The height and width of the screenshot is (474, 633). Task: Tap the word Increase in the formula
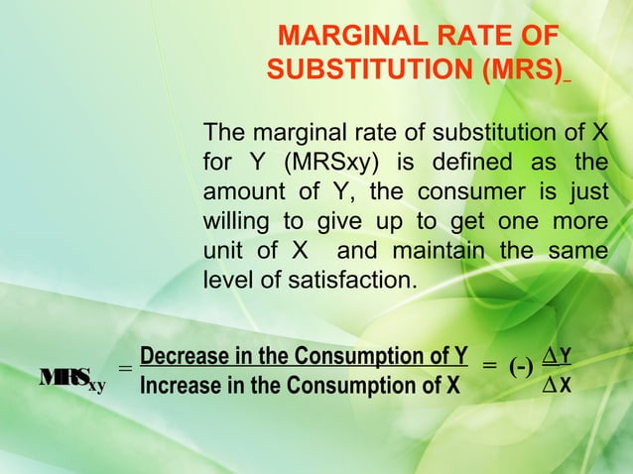(179, 385)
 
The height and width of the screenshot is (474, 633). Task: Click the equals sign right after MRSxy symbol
(124, 369)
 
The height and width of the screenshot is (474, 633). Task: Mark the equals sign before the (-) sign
(490, 367)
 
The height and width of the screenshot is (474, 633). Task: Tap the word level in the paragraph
(225, 281)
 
